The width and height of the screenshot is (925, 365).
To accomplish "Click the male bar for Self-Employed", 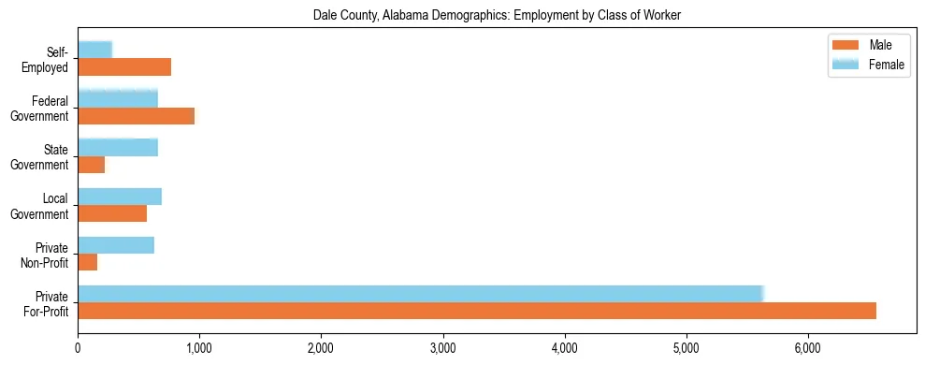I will [124, 67].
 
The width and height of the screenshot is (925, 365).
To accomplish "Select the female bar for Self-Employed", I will [94, 50].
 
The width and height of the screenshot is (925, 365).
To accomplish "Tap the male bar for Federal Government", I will [137, 116].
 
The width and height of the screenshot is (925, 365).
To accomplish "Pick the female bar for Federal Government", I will [118, 98].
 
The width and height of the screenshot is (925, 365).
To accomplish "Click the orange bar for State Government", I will [92, 165].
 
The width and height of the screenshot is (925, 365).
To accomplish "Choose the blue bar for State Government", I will [118, 147].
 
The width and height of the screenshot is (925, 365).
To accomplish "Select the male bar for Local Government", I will [112, 213].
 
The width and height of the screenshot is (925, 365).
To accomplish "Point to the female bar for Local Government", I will [120, 196].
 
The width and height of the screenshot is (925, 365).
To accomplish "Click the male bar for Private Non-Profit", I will [88, 262].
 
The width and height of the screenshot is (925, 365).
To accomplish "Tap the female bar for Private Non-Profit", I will [116, 244].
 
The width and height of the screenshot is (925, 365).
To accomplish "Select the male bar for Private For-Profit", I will [477, 311].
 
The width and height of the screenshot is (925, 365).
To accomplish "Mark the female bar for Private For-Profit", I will [421, 293].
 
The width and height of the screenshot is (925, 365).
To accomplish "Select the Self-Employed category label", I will [46, 59].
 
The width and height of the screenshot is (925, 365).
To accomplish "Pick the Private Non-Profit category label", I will [46, 254].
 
